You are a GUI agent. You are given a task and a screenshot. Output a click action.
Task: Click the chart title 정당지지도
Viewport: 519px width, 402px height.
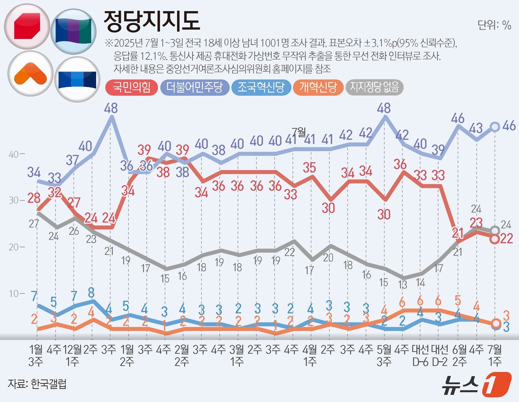pos(152,21)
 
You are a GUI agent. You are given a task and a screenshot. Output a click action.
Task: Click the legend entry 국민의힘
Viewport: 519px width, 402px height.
pos(132,88)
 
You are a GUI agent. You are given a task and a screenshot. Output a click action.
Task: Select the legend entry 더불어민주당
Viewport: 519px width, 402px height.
pos(195,88)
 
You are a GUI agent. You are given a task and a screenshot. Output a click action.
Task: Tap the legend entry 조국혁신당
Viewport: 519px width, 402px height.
pos(261,88)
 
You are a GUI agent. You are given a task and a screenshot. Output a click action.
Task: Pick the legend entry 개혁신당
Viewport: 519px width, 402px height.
pos(318,88)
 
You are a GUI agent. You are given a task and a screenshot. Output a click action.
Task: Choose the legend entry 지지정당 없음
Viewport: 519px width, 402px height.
pos(374,88)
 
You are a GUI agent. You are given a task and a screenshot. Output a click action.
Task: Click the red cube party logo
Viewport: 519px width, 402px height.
pos(27,26)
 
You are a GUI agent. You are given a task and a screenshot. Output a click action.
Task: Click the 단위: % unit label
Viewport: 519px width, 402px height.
pos(494,25)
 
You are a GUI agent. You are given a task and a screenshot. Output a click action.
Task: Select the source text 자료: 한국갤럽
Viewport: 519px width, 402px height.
pos(37,384)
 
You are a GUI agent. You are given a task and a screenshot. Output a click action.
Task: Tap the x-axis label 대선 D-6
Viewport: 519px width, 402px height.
pos(420,355)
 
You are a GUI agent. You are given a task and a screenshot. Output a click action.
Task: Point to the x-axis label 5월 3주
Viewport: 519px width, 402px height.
pos(384,355)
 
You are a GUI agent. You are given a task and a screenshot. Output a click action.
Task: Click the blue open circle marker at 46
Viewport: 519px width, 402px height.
pos(495,127)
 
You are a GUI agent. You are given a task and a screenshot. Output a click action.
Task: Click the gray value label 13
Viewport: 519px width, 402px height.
pos(402,285)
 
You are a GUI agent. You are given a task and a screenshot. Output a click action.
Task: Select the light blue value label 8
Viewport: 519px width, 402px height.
pos(91,293)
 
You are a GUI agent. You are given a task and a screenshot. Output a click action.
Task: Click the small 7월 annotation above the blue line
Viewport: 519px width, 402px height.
pos(299,132)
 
